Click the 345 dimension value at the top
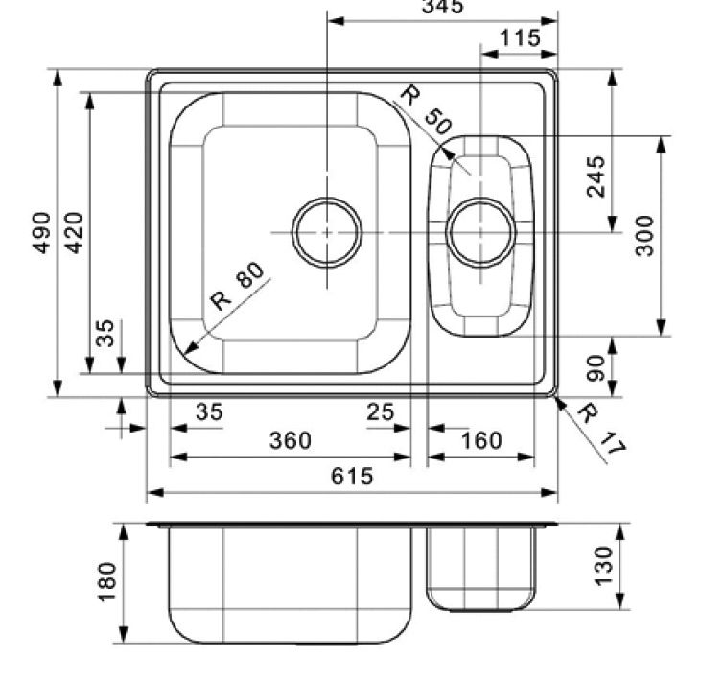[x=442, y=8]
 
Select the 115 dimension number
[x=520, y=39]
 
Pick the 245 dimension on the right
[x=596, y=176]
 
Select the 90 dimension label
[x=596, y=368]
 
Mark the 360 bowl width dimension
[x=290, y=440]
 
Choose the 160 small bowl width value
[x=480, y=440]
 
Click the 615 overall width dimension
[x=352, y=477]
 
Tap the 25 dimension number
[x=380, y=412]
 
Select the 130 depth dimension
[x=602, y=565]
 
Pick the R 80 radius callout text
[x=236, y=287]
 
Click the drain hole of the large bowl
[x=327, y=232]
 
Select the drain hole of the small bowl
[x=480, y=232]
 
